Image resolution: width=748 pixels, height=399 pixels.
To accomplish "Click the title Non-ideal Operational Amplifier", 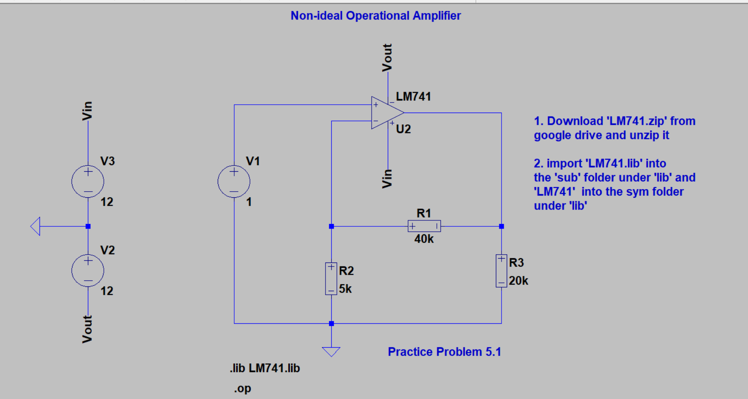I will [376, 16].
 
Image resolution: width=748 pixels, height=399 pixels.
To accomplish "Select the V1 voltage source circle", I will [234, 181].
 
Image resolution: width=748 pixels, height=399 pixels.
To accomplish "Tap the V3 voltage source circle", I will [88, 181].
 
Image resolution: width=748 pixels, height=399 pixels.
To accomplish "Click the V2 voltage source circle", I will [88, 270].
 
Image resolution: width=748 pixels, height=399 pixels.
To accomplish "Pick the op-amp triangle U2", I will [385, 113].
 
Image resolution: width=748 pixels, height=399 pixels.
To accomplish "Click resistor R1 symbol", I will [424, 226].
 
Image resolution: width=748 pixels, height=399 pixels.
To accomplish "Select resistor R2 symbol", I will [331, 279].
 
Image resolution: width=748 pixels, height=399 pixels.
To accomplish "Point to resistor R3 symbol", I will [501, 271].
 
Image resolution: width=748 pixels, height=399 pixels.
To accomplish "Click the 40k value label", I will [424, 239].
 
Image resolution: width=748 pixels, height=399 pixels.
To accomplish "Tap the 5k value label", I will [345, 289].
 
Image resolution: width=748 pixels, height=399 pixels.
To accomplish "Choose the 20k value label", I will [519, 281].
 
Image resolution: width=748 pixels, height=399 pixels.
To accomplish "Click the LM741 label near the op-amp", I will [413, 96].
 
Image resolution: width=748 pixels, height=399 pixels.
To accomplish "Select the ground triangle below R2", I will [331, 351].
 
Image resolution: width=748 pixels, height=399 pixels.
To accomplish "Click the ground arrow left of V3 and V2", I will [36, 226].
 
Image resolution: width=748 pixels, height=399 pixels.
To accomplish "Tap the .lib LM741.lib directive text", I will [265, 368].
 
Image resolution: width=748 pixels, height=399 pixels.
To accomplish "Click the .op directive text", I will [243, 389].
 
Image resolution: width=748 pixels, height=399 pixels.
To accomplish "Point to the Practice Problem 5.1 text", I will [444, 352].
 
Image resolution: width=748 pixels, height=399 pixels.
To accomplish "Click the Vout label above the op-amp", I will [387, 57].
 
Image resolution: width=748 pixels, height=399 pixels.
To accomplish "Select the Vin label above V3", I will [87, 111].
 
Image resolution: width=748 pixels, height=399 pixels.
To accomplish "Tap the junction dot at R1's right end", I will [502, 226].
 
